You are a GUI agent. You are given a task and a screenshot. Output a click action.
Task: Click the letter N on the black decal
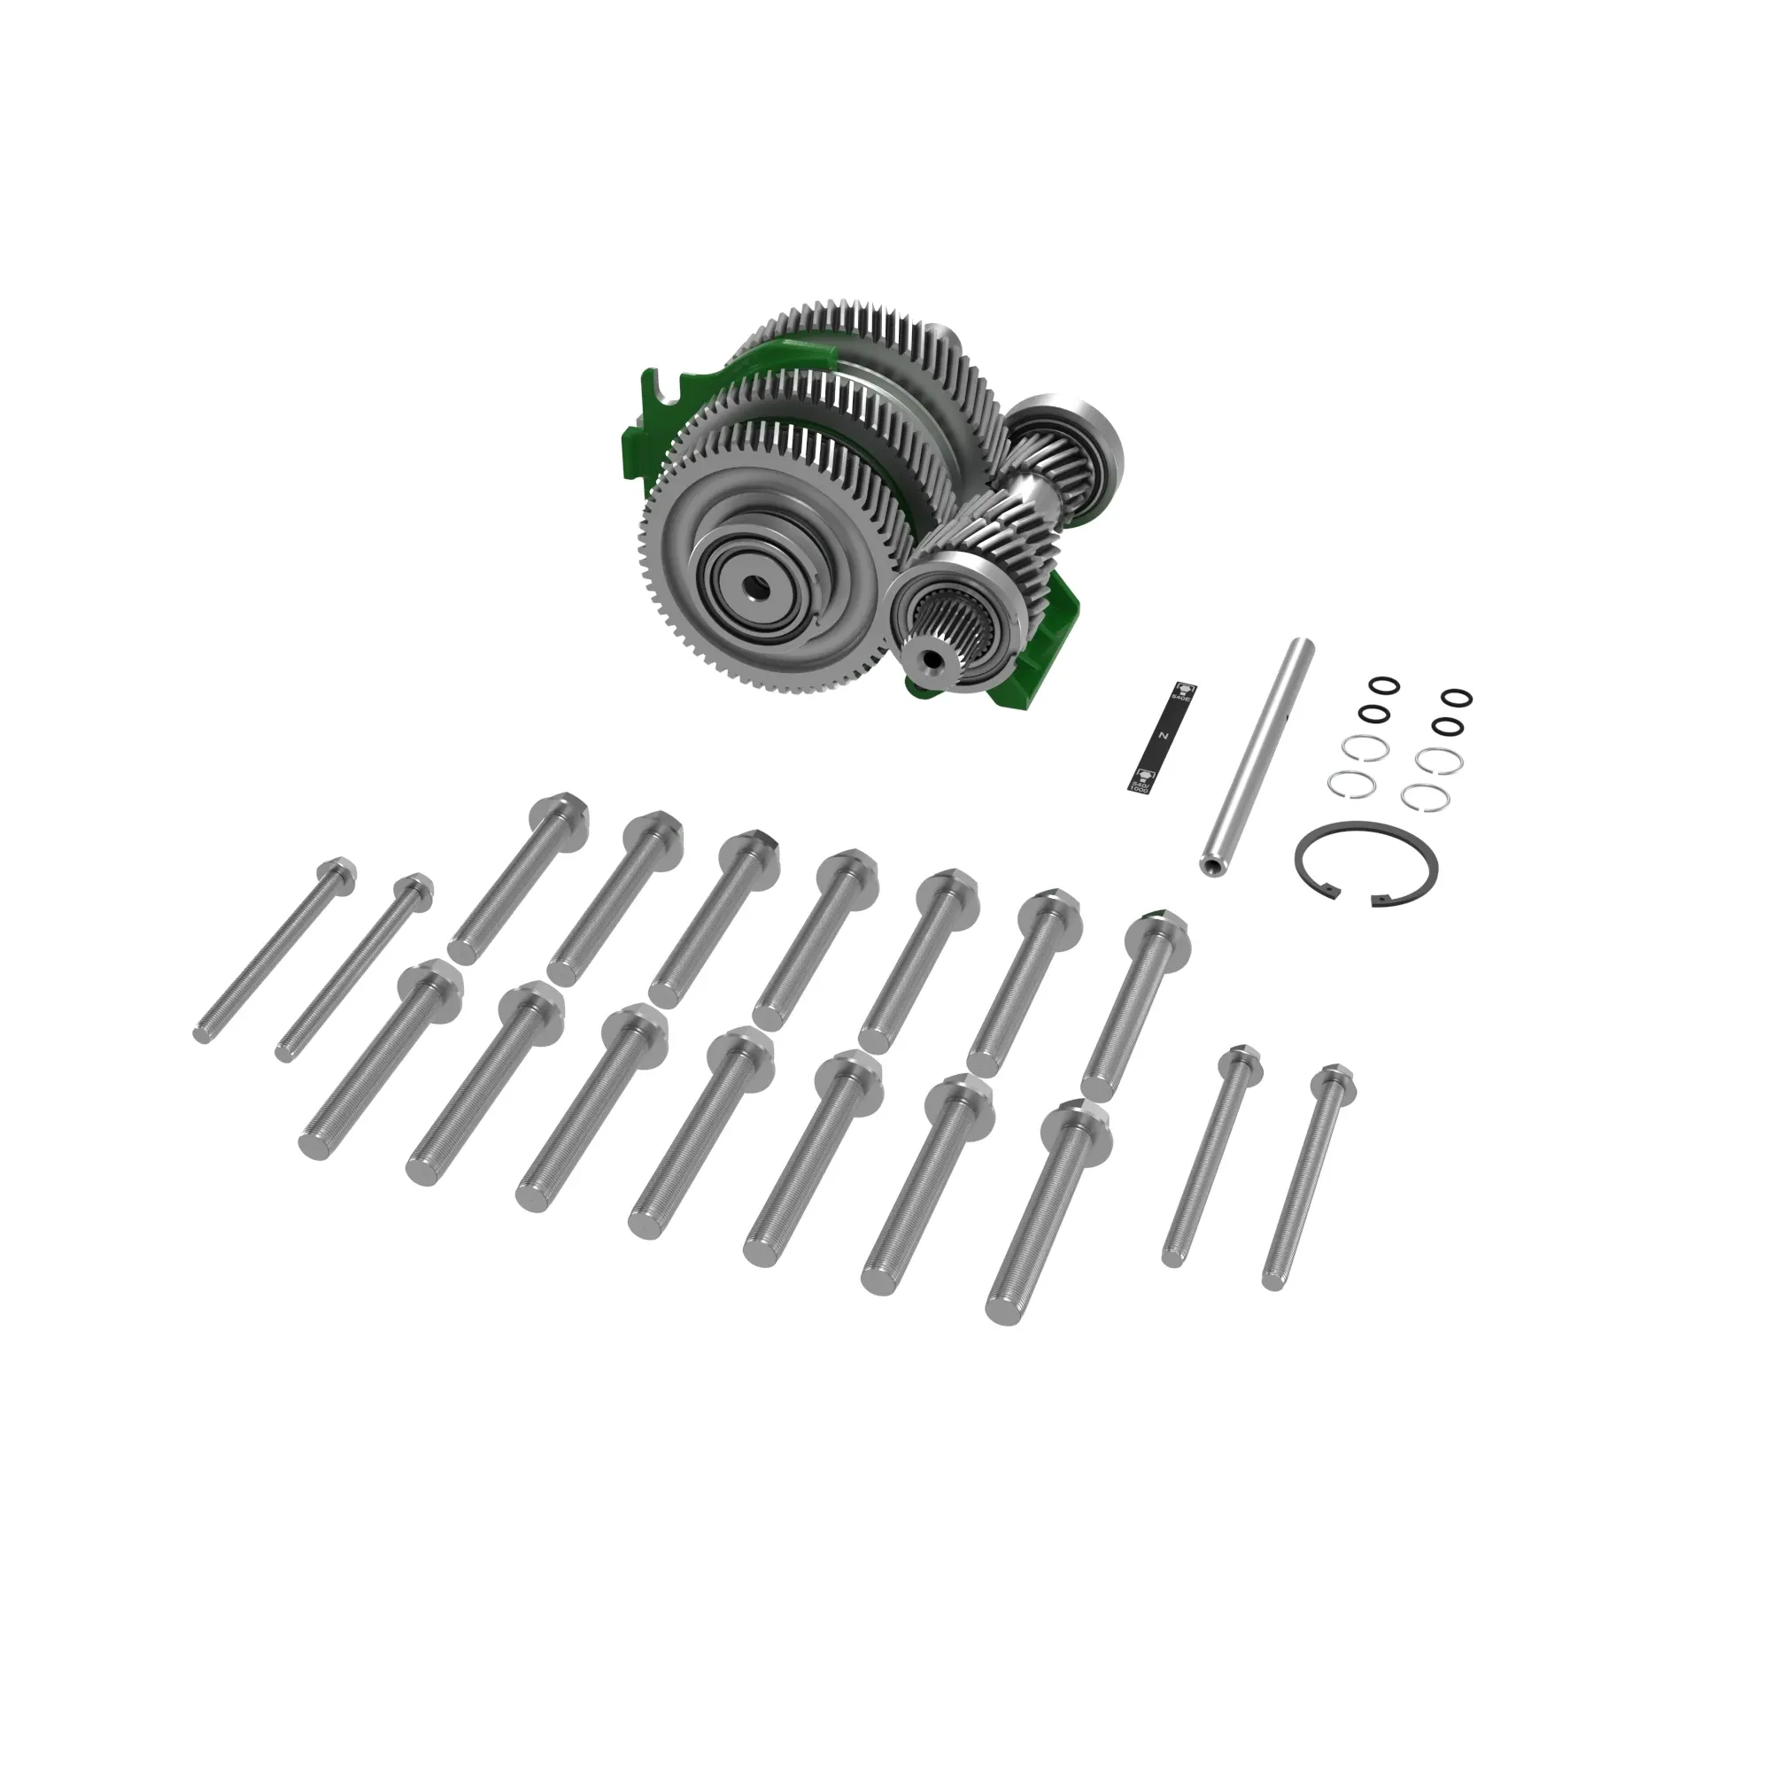1163,735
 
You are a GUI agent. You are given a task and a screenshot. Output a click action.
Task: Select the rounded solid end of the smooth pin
1304,647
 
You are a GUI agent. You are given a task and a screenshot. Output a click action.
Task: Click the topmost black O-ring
1383,684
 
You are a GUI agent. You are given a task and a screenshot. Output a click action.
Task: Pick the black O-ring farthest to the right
1457,699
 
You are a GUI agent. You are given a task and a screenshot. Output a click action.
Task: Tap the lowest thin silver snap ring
1426,797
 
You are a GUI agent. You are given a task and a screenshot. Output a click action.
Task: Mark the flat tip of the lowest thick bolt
1002,1310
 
